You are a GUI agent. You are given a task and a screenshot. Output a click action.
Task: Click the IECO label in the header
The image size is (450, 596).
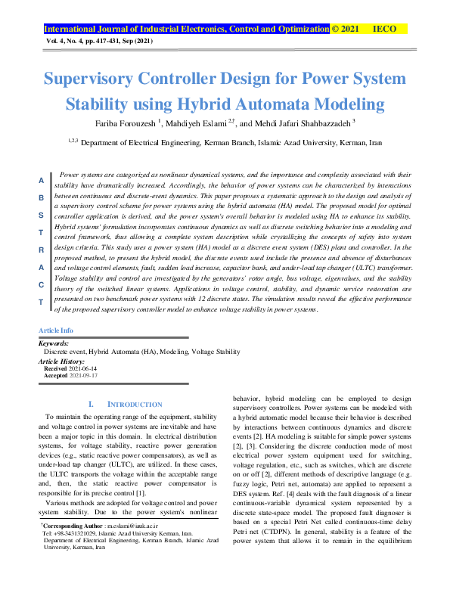[x=386, y=29]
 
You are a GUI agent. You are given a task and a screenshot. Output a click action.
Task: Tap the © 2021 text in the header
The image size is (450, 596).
[x=346, y=29]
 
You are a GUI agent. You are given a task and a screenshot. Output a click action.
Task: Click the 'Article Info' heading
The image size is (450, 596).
[x=55, y=331]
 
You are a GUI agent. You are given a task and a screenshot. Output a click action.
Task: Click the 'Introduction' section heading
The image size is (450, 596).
[x=134, y=405]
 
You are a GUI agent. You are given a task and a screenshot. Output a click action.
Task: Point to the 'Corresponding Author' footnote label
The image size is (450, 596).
[x=74, y=523]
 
